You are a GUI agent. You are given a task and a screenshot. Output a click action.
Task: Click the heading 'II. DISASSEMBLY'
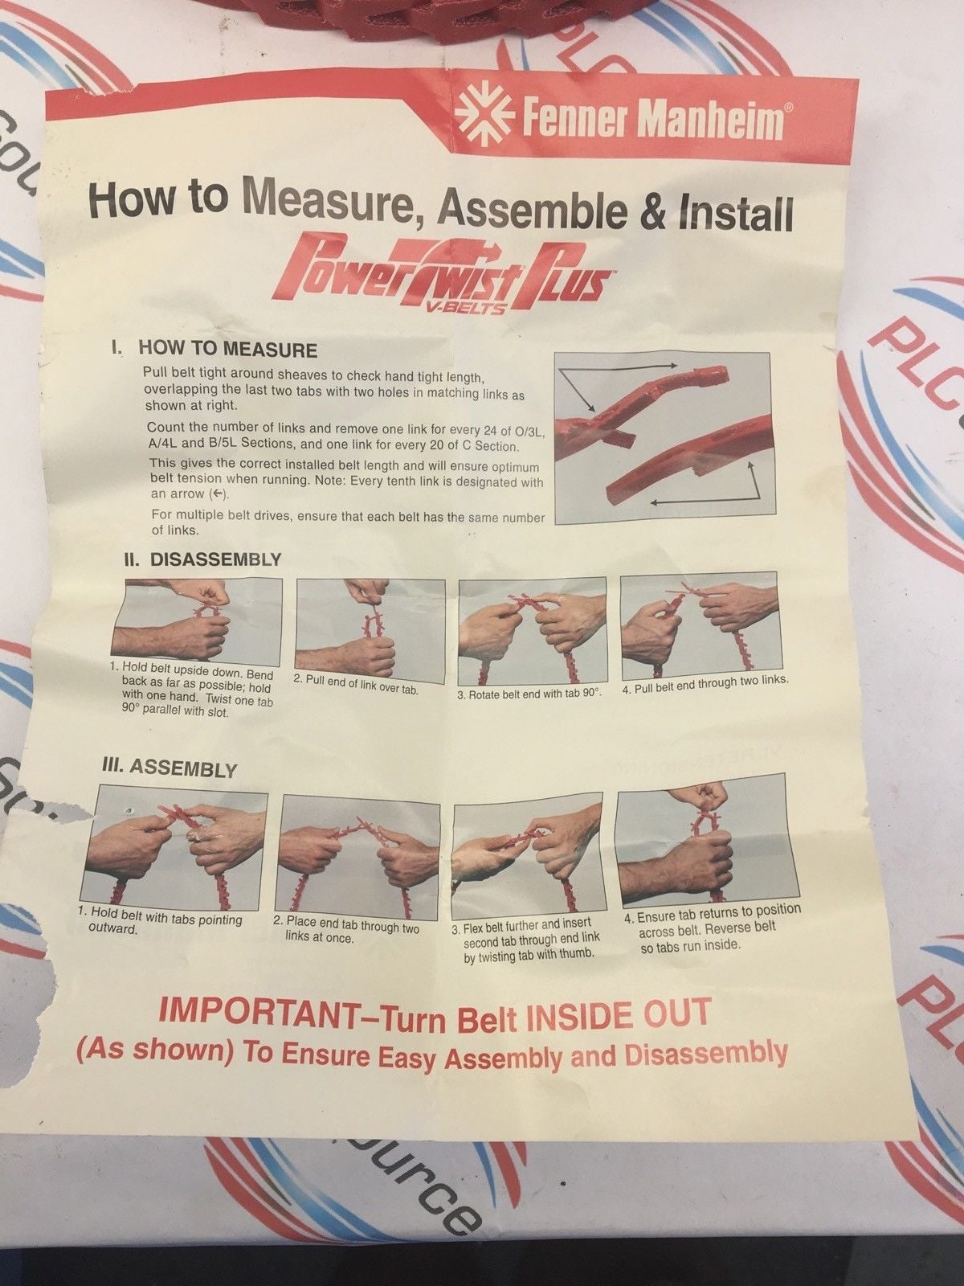[202, 559]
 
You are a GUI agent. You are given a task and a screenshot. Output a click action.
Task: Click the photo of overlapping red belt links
[661, 436]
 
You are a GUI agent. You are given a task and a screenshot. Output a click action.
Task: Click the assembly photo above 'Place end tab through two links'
[361, 856]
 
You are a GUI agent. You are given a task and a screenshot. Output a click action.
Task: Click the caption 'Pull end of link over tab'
[356, 682]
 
